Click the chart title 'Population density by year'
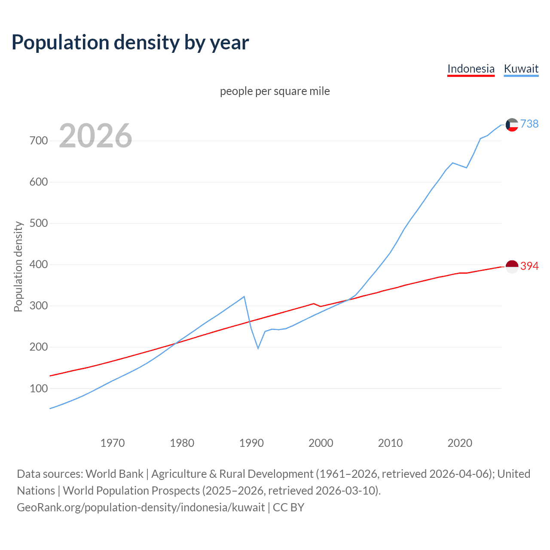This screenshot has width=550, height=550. pos(130,42)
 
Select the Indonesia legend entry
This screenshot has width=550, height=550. pos(471,69)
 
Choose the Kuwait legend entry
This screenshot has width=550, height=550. pos(521,69)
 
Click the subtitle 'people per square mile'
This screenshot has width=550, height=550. pos(275,91)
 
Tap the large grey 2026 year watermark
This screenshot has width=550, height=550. pos(95,136)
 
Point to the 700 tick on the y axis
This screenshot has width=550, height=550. pos(39,141)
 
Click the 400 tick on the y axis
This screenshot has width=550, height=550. pos(39,265)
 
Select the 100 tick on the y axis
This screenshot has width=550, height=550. pos(39,388)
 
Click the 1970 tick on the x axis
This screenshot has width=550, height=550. pos(113,443)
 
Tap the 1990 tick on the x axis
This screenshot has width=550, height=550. pos(251,443)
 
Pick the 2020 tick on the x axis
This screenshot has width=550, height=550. pos(460,443)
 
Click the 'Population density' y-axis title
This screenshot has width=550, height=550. pos(18,266)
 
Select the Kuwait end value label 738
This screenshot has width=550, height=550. pos(529,124)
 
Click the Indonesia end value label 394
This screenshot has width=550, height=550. pos(529,266)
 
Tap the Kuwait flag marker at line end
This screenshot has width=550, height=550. pos(512,125)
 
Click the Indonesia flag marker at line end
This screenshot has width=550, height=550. pos(512,266)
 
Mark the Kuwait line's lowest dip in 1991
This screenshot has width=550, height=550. pos(258,348)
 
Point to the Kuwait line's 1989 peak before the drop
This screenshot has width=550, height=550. pos(244,296)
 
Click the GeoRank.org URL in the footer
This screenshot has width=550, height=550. pos(141,507)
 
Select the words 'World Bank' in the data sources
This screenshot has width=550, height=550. pos(114,474)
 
